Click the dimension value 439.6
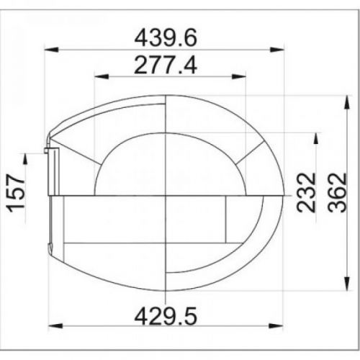coord(166,37)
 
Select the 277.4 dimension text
coord(166,65)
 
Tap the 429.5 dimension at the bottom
coord(166,316)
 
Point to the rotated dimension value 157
coord(17,194)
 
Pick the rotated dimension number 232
coord(306,192)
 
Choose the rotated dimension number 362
coord(338,192)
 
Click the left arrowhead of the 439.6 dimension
coord(52,50)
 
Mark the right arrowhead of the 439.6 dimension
coord(277,50)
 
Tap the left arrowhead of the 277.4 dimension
coord(102,76)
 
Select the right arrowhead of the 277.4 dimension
coord(239,76)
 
